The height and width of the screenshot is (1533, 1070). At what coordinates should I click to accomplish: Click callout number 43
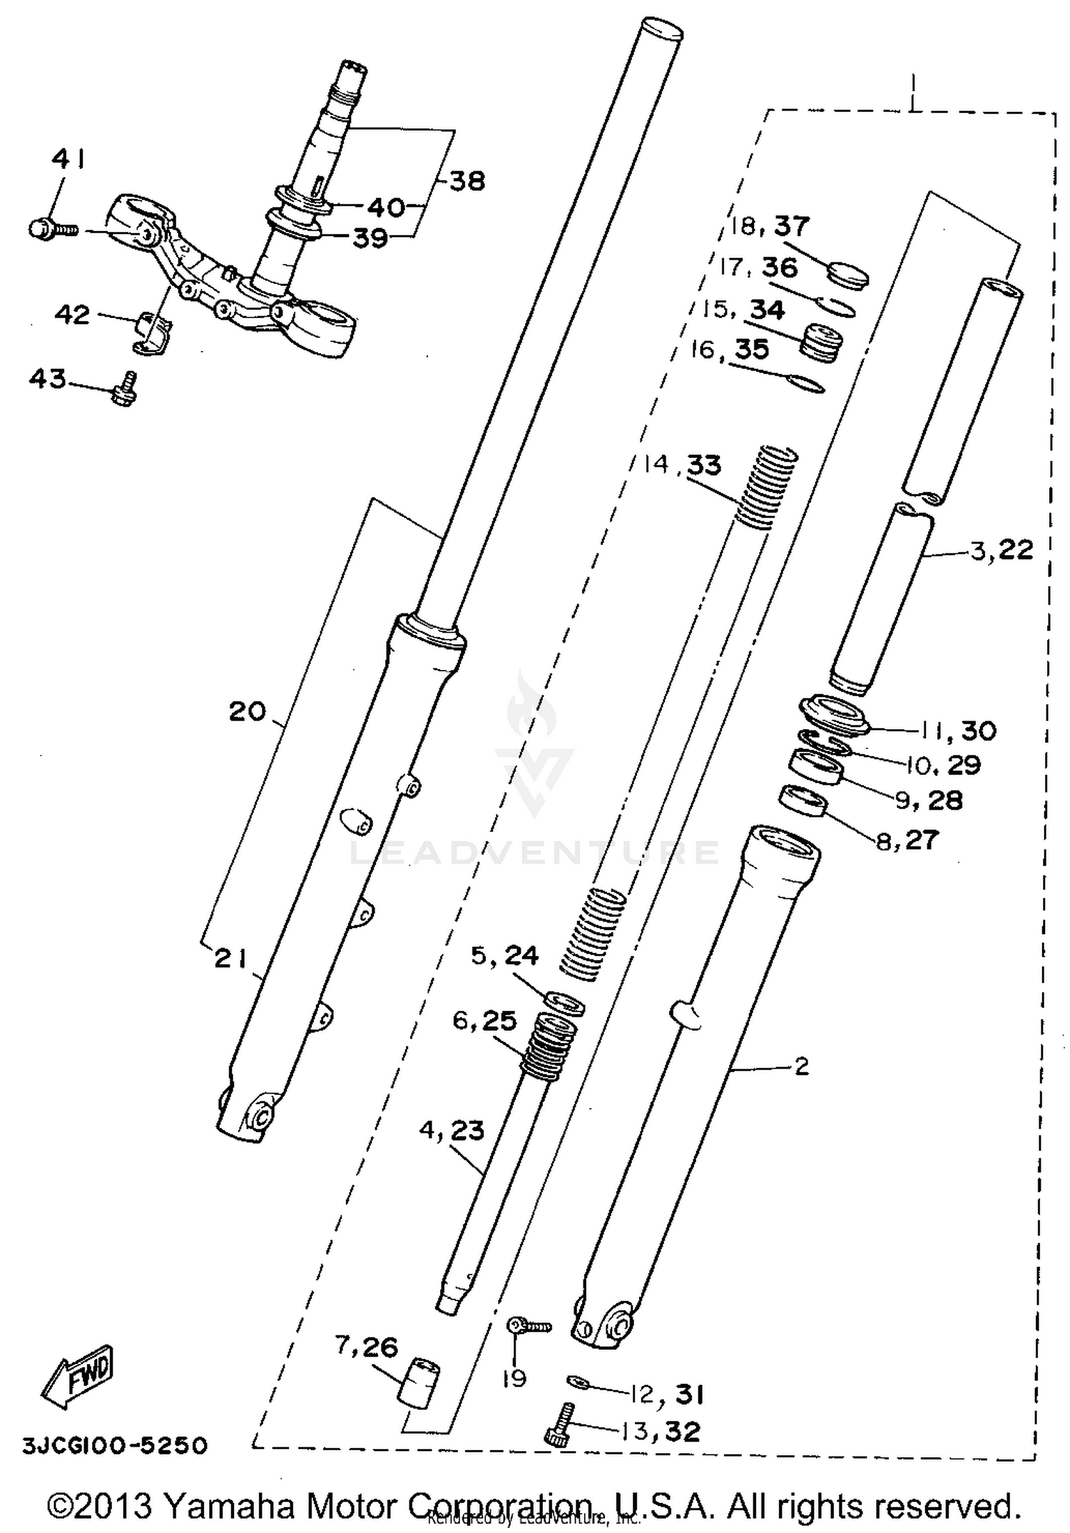pos(47,379)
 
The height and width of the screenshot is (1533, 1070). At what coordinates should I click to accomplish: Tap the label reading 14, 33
pos(682,465)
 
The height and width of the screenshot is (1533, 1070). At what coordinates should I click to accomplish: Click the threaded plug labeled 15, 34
pos(819,342)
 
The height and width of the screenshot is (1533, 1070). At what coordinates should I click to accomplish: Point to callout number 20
pos(247,711)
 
